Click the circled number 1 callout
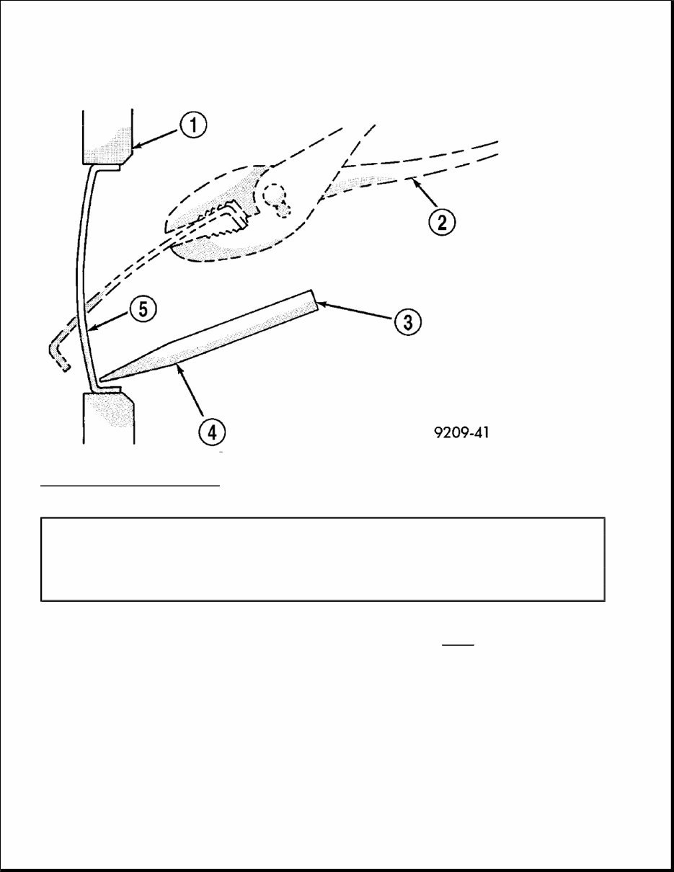click(193, 127)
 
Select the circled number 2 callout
click(441, 221)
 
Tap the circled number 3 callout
click(407, 321)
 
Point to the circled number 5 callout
click(142, 309)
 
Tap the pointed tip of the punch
click(104, 376)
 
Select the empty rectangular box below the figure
click(322, 559)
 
